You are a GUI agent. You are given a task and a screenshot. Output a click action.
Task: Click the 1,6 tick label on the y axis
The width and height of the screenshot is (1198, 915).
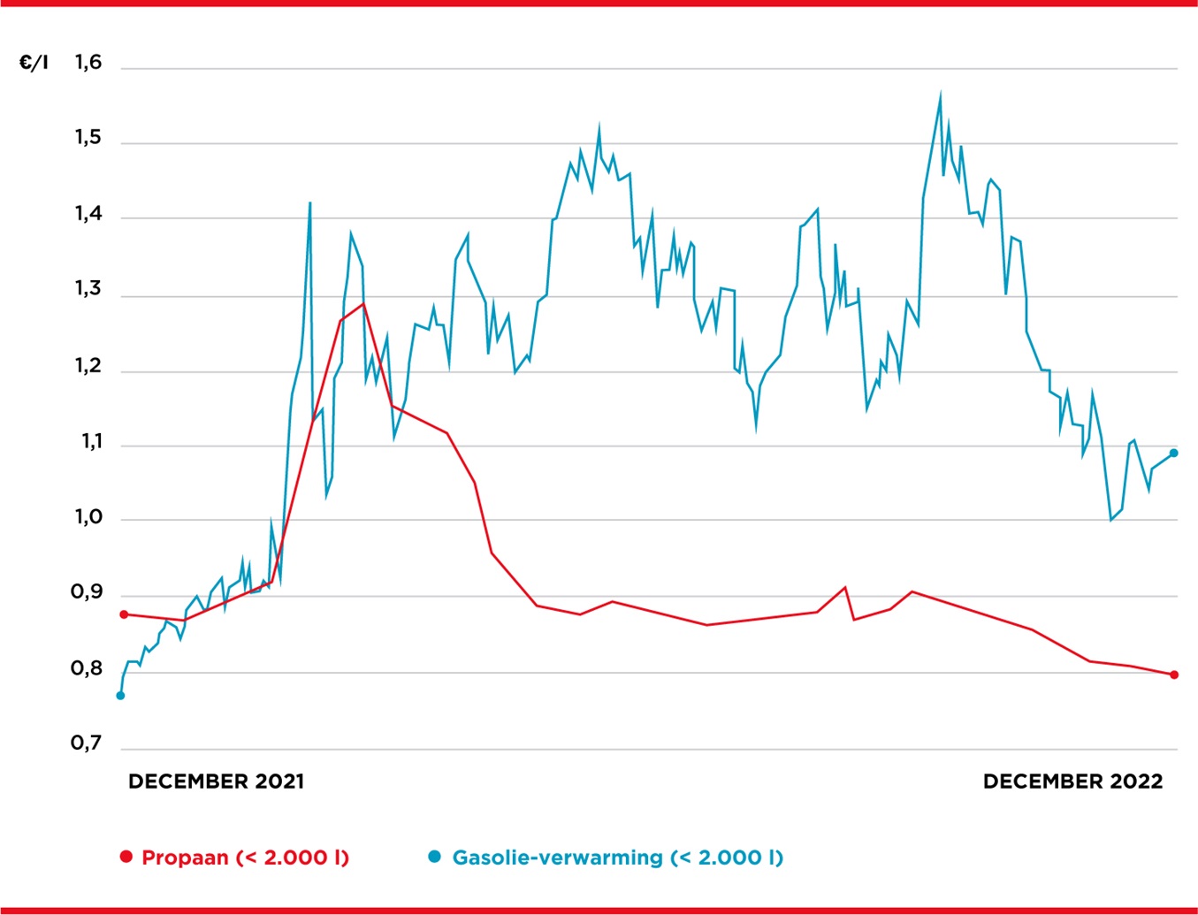pos(88,63)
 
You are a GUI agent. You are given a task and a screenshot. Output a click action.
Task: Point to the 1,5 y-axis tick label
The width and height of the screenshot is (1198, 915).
pos(88,138)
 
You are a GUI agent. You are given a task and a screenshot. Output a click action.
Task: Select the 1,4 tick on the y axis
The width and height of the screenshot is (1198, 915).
pos(88,214)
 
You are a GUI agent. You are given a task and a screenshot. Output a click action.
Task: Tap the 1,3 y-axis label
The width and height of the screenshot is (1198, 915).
pos(88,289)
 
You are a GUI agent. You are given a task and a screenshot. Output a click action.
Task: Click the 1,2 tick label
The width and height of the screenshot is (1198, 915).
pos(88,366)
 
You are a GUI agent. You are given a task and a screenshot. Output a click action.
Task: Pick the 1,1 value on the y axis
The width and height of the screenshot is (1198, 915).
pos(88,441)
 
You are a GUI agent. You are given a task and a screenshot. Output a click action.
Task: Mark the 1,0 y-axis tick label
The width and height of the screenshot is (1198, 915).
pos(88,517)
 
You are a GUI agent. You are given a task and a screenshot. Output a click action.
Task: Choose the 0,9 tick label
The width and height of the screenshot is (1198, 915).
pos(87,593)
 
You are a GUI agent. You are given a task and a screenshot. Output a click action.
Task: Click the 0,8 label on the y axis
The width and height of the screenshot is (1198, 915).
pos(87,669)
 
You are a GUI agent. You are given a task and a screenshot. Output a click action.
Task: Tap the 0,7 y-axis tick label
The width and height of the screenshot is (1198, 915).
pos(87,743)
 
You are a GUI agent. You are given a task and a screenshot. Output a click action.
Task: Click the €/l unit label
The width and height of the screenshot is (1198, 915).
pos(34,63)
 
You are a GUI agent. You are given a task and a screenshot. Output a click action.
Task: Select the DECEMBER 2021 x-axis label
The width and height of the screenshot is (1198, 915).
pos(216,782)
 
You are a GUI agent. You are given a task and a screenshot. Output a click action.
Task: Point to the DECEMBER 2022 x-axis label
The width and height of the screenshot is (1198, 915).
pos(1072,782)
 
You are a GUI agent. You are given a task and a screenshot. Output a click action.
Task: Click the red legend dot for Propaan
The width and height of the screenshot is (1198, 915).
pos(126,857)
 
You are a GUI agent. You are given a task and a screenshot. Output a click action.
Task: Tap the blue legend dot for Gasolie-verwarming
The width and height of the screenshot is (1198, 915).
pos(434,857)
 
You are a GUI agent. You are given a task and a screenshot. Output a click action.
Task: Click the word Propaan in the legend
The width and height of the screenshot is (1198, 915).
pos(185,858)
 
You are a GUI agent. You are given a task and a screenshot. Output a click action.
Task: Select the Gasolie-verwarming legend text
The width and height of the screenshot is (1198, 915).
pos(557,858)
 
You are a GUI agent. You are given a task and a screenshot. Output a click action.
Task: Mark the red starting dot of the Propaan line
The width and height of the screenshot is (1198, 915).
pos(124,614)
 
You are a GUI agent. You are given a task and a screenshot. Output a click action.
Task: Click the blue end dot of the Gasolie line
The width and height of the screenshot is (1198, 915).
pos(1174,454)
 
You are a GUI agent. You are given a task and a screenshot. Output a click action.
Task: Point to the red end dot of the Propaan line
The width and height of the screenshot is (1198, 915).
pos(1174,675)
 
